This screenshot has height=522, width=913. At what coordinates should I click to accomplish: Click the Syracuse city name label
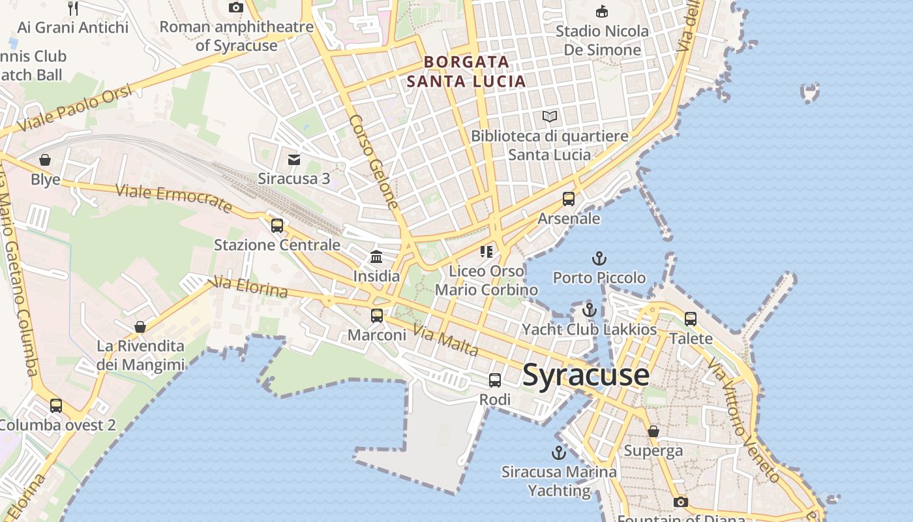click(x=586, y=375)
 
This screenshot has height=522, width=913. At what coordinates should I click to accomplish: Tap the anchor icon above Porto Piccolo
click(x=599, y=258)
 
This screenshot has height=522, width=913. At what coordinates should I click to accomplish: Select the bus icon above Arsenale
click(x=569, y=199)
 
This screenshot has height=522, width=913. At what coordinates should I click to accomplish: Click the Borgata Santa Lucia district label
click(x=466, y=72)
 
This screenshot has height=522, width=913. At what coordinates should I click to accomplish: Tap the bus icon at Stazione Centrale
click(x=277, y=226)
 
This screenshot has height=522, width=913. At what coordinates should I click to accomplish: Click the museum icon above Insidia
click(x=376, y=256)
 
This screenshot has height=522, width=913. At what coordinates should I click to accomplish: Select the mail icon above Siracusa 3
click(x=294, y=160)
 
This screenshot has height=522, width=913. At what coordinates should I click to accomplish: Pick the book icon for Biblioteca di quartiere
click(x=550, y=117)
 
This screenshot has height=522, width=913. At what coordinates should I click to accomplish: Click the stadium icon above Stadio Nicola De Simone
click(x=602, y=12)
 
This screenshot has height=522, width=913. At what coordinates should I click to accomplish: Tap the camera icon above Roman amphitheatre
click(x=236, y=8)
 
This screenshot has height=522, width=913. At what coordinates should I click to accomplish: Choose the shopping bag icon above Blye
click(x=45, y=160)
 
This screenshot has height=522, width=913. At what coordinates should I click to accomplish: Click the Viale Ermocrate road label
click(x=173, y=198)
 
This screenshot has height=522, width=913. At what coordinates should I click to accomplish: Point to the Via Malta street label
click(x=446, y=341)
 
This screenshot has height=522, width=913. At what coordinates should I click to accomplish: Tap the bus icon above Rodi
click(x=495, y=380)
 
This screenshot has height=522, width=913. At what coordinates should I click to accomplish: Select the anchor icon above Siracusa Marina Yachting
click(x=558, y=452)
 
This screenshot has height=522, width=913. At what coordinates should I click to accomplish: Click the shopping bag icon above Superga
click(x=653, y=431)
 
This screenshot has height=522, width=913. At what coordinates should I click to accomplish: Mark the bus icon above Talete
click(x=691, y=319)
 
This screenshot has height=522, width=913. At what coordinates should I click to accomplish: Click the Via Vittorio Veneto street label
click(x=743, y=421)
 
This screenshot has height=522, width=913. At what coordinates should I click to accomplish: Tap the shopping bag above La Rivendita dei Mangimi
click(x=140, y=327)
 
